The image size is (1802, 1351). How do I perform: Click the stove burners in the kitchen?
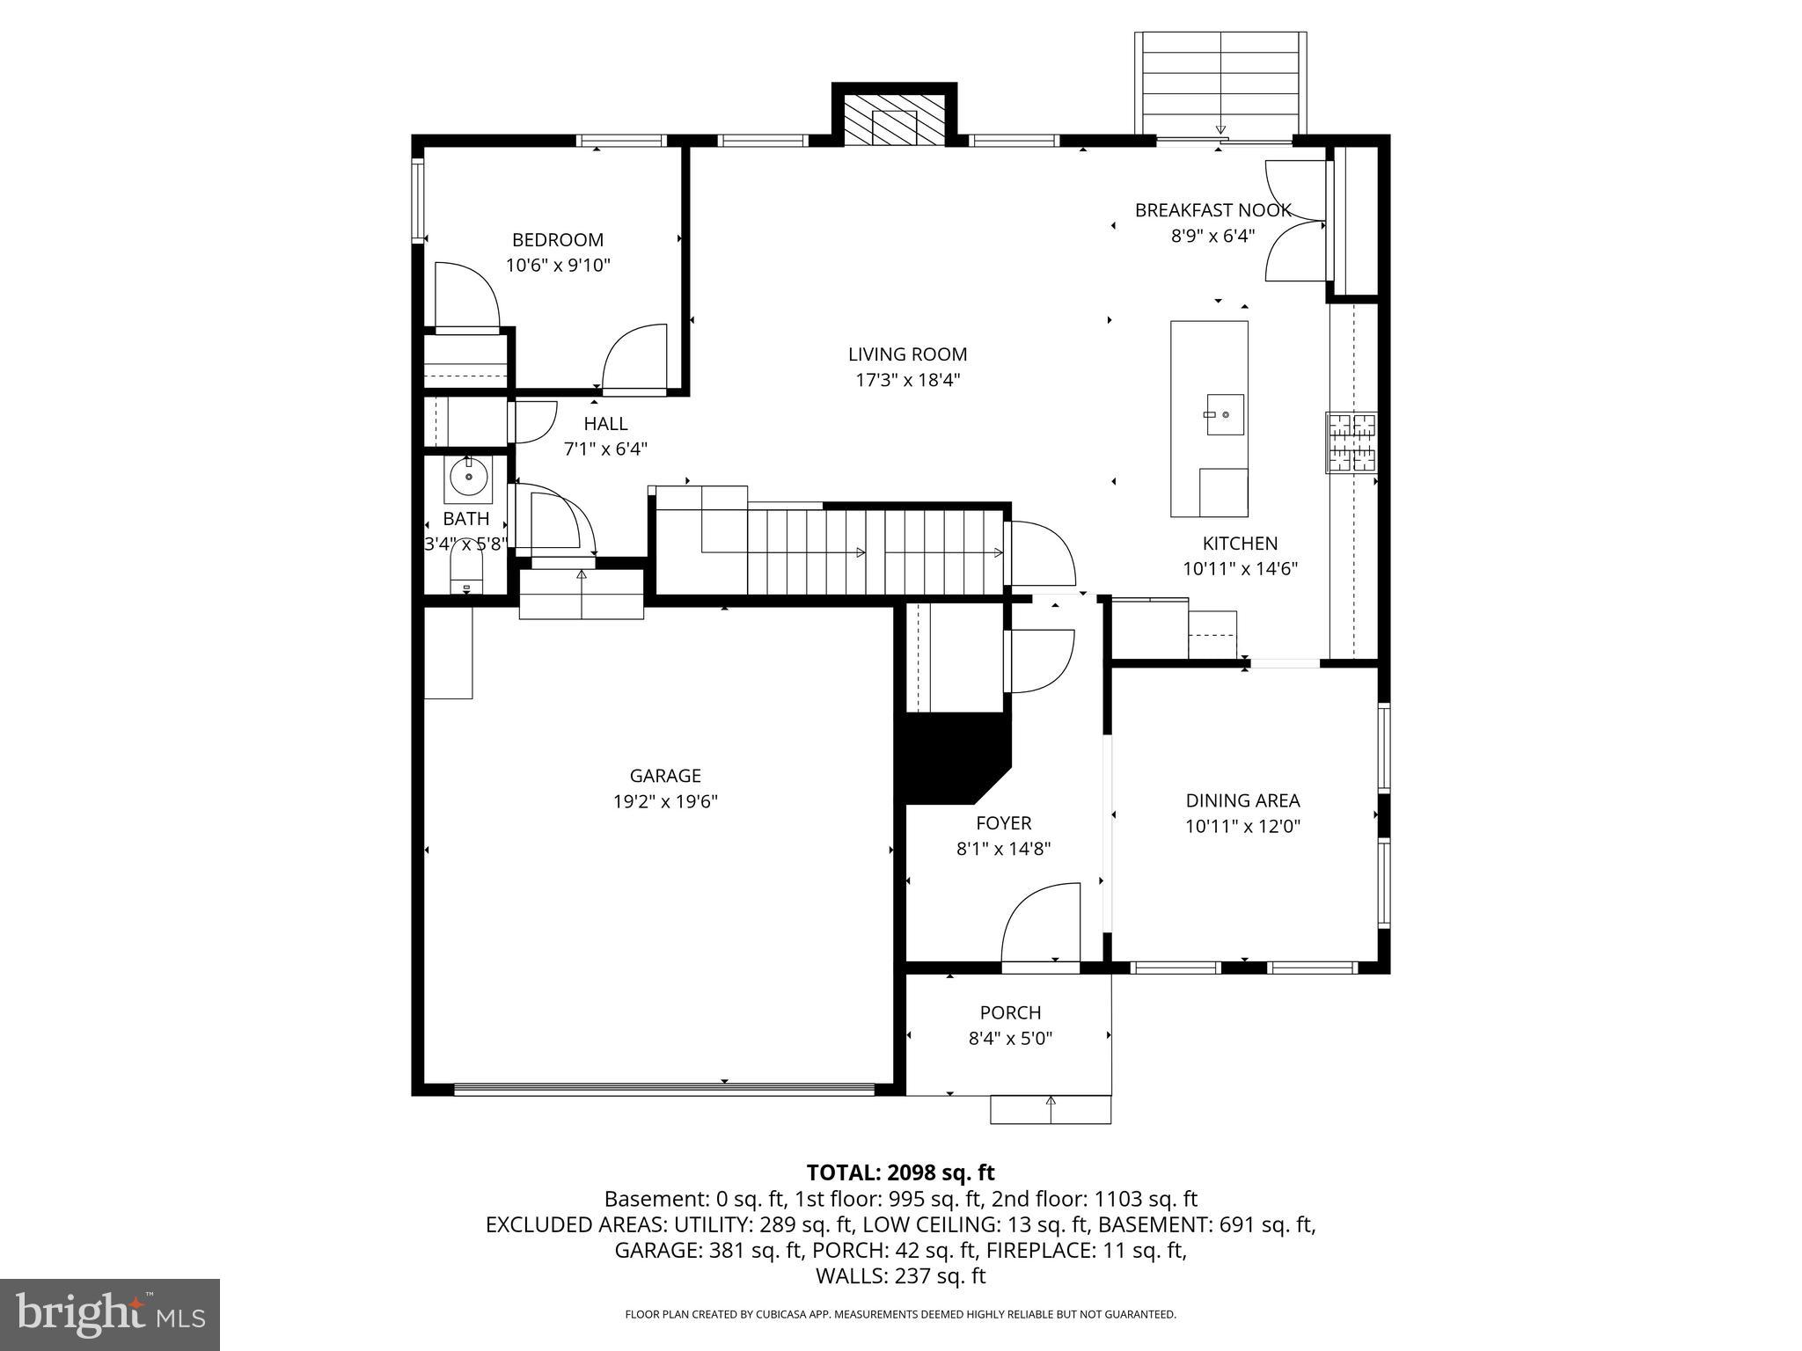click(1351, 443)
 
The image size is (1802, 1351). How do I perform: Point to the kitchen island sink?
click(1224, 414)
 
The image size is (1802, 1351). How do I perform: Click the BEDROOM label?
click(558, 240)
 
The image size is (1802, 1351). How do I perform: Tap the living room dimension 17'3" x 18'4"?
click(907, 380)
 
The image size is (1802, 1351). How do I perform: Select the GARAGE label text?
click(665, 776)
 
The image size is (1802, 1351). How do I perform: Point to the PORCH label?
click(1010, 1012)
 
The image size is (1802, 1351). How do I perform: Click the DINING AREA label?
click(1242, 800)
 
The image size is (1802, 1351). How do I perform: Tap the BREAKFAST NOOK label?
click(1212, 210)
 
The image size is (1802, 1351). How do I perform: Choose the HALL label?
click(605, 424)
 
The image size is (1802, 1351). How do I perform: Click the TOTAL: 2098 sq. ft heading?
click(900, 1172)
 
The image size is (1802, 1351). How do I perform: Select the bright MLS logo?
click(110, 1314)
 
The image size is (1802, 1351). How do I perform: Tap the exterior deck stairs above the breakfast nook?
click(1220, 83)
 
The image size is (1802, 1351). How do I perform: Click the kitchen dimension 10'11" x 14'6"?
click(1240, 569)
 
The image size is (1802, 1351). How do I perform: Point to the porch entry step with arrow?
click(1051, 1109)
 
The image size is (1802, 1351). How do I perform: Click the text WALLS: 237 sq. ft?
click(900, 1276)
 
